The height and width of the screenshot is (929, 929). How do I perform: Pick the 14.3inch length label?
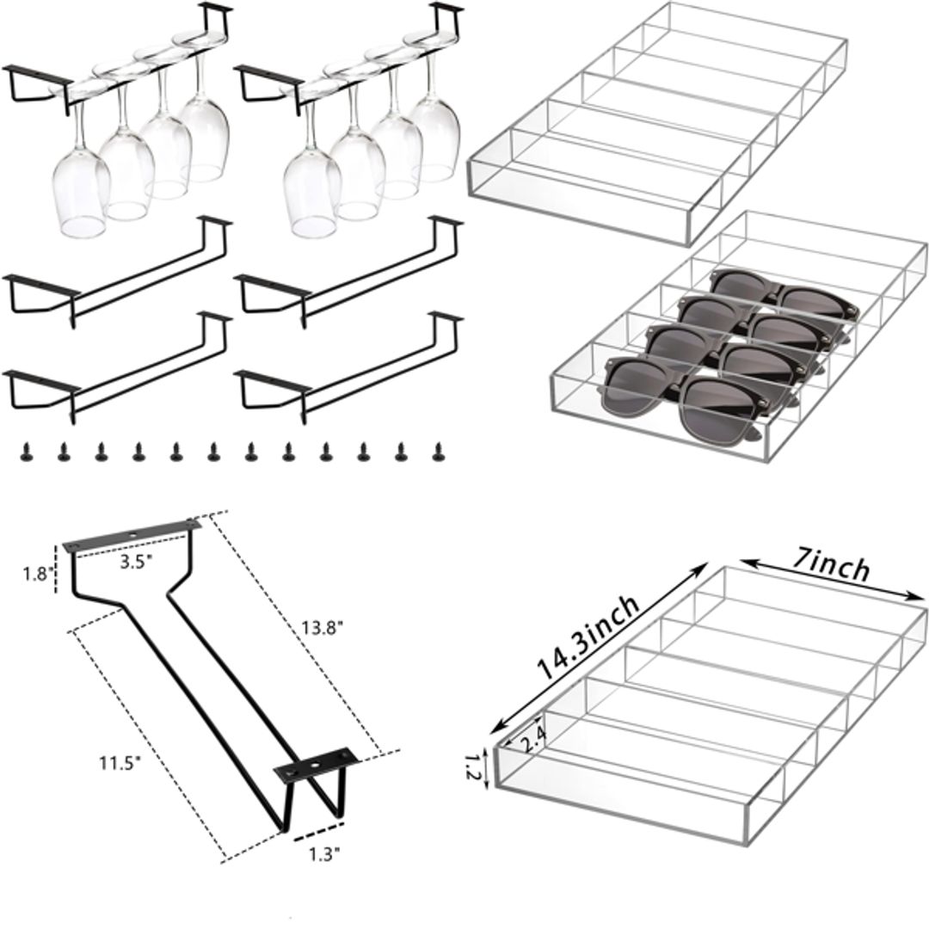(589, 638)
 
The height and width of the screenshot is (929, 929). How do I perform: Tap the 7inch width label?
(831, 568)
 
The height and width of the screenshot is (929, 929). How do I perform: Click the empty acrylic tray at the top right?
(654, 120)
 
